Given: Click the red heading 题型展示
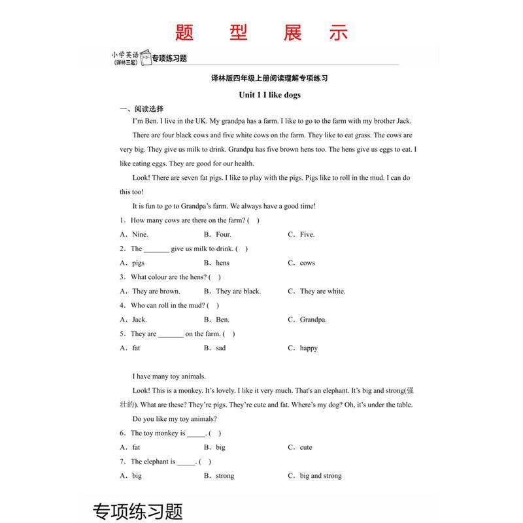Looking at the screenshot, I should [261, 33].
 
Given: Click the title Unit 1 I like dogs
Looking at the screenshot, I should [269, 95].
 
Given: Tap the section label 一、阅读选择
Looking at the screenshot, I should [141, 109].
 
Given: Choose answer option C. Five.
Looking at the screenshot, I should [301, 234].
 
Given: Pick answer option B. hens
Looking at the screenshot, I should [216, 263].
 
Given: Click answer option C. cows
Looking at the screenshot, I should [301, 263].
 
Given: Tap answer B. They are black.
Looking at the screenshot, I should [232, 291].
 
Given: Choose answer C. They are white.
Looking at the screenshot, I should [316, 291].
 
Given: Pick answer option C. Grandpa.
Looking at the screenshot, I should [307, 320].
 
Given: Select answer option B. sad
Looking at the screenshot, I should [215, 348].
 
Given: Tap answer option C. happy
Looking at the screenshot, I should [303, 348].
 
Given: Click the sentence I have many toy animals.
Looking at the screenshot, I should [169, 376].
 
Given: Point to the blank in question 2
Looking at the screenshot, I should [156, 249].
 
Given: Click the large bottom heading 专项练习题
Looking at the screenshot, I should [138, 510].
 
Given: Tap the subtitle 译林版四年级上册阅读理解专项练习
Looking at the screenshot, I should [269, 78].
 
